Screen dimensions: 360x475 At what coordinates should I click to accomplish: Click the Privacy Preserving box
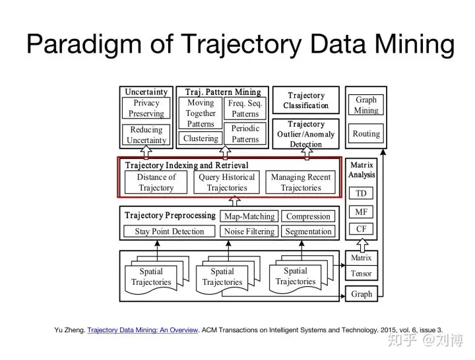[x=146, y=108]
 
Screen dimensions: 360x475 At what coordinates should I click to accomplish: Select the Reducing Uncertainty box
[x=146, y=135]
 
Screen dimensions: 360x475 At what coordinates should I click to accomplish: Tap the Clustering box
[x=201, y=138]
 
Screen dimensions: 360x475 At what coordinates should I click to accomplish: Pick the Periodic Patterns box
[x=245, y=134]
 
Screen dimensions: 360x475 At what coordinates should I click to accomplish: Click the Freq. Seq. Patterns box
[x=245, y=108]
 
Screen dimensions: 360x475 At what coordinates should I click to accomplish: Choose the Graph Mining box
[x=366, y=105]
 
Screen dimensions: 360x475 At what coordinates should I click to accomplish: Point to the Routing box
[x=366, y=134]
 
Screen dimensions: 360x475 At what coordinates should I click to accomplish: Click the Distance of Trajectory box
[x=156, y=182]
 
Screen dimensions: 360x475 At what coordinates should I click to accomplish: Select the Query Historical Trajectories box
[x=226, y=182]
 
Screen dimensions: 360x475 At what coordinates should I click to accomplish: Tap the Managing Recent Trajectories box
[x=300, y=182]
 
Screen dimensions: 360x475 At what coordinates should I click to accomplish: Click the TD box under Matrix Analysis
[x=362, y=194]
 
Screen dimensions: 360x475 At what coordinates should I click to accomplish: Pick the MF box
[x=362, y=212]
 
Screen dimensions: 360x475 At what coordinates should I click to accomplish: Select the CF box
[x=362, y=229]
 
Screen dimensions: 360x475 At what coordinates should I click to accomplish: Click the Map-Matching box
[x=249, y=216]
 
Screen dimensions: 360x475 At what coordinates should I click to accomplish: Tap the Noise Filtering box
[x=249, y=231]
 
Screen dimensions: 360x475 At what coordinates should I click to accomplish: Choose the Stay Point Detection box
[x=170, y=231]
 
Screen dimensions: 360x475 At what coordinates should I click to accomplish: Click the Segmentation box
[x=308, y=231]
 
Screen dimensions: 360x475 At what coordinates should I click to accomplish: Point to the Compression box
[x=308, y=216]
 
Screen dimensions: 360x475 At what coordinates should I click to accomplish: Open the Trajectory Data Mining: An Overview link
[x=142, y=330]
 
